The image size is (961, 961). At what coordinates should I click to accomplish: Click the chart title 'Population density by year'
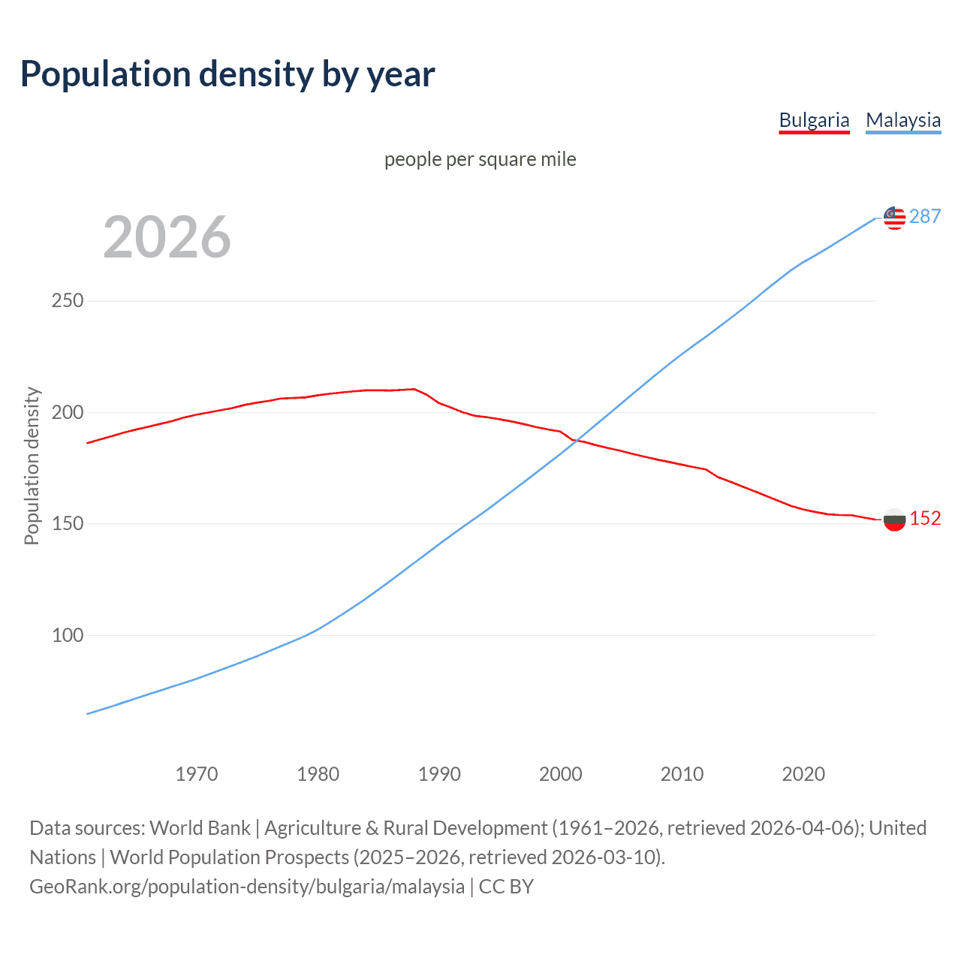[x=227, y=74]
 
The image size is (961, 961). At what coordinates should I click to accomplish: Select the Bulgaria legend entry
[x=814, y=120]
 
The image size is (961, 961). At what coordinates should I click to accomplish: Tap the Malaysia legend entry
[x=902, y=120]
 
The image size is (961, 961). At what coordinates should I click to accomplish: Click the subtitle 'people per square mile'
[x=480, y=159]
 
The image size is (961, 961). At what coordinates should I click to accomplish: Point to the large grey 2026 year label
[x=167, y=237]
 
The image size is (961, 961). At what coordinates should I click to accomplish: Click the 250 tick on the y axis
[x=67, y=301]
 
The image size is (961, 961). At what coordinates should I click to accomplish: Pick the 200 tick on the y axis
[x=67, y=412]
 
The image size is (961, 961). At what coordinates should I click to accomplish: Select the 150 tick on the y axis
[x=67, y=523]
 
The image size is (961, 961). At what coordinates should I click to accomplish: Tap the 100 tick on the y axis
[x=67, y=635]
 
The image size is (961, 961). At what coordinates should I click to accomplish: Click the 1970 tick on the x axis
[x=197, y=773]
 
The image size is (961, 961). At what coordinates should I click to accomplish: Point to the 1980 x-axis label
[x=318, y=773]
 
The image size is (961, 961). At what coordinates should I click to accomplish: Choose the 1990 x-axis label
[x=439, y=773]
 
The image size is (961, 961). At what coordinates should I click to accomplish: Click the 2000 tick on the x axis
[x=561, y=773]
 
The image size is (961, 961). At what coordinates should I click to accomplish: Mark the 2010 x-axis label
[x=682, y=773]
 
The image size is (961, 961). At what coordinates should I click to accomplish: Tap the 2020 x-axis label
[x=803, y=773]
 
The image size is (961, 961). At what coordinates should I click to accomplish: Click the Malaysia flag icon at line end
[x=894, y=218]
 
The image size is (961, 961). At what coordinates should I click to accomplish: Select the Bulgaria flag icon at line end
[x=894, y=520]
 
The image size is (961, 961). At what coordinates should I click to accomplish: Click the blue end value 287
[x=925, y=216]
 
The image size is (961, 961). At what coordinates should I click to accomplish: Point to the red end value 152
[x=925, y=519]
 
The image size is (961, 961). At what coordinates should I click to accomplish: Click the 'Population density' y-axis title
[x=32, y=465]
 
